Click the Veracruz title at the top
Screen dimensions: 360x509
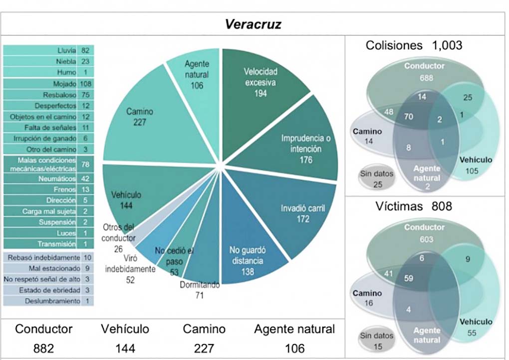253,24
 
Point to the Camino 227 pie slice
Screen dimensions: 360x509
139,117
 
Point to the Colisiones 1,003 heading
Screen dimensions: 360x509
414,45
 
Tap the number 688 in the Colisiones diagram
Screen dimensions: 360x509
426,78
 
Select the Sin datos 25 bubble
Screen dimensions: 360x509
376,179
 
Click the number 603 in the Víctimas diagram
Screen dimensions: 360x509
426,240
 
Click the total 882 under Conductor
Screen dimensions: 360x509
43,348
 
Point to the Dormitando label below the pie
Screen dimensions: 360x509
200,286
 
